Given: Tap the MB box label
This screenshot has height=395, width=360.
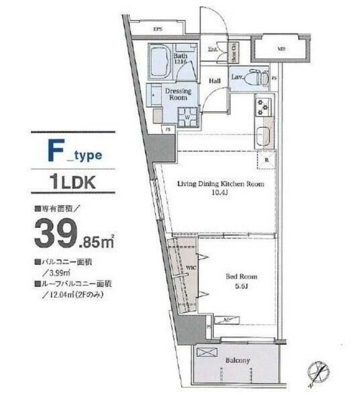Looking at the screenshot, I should [x=281, y=48].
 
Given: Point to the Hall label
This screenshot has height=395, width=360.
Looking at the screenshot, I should [x=215, y=80].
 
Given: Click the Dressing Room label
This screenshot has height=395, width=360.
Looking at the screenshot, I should [x=180, y=94].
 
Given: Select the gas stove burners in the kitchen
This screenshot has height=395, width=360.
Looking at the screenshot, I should [x=264, y=107].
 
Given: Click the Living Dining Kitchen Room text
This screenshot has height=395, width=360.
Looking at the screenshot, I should [x=221, y=184].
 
